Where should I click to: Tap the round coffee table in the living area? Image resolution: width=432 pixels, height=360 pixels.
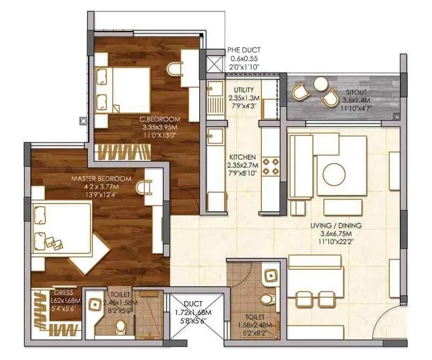point(333,174)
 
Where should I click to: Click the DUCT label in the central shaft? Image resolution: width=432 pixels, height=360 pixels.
point(193,304)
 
